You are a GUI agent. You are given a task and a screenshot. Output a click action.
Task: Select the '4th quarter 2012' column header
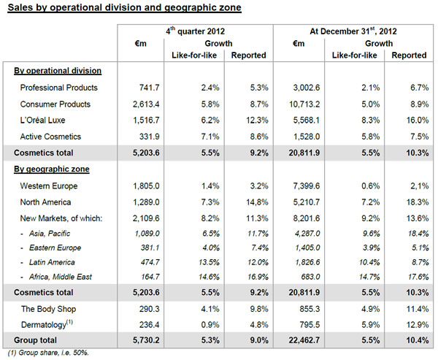click(195, 31)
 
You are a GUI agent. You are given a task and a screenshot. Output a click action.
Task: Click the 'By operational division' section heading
click(57, 71)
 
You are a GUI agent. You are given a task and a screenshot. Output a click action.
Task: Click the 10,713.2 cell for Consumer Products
click(299, 104)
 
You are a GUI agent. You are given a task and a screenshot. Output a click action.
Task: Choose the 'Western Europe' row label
click(49, 186)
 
